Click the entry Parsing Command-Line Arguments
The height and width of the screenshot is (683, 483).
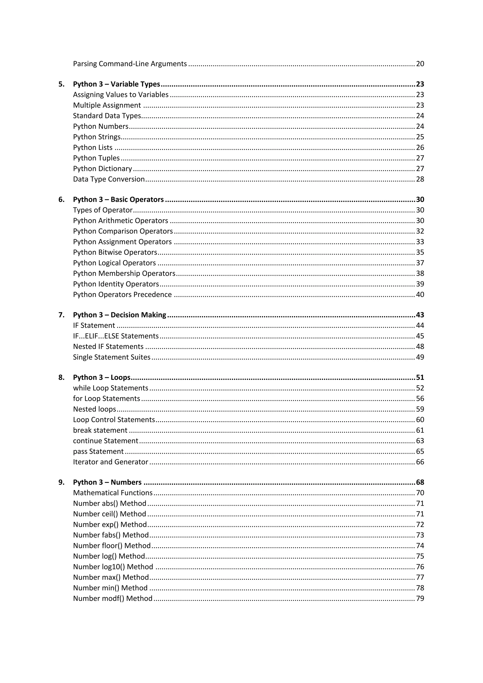[x=130, y=64]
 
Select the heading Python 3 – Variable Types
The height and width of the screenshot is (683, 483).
[x=117, y=84]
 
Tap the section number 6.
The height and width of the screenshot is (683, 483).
[x=61, y=200]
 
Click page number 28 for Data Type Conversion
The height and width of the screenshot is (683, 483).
[x=420, y=179]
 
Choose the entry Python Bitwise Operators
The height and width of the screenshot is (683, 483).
[x=115, y=252]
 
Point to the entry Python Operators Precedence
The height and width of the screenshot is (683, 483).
[x=122, y=295]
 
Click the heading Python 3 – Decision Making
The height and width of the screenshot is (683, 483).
[x=120, y=315]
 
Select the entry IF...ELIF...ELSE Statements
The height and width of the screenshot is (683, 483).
[x=116, y=336]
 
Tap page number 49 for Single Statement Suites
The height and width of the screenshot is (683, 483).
[x=420, y=357]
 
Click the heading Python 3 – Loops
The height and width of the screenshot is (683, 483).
[x=102, y=378]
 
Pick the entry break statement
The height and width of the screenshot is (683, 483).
[x=100, y=430]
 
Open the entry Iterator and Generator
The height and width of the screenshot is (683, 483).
[x=110, y=462]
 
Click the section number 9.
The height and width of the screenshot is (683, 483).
[x=61, y=482]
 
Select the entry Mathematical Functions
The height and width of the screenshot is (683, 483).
[x=113, y=493]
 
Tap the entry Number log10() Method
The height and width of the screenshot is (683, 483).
[x=113, y=567]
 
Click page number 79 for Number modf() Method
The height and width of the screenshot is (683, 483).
[x=420, y=599]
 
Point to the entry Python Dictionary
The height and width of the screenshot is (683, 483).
[x=102, y=169]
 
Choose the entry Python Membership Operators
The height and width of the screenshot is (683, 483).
[x=124, y=273]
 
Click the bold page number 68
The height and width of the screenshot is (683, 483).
[x=420, y=482]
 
